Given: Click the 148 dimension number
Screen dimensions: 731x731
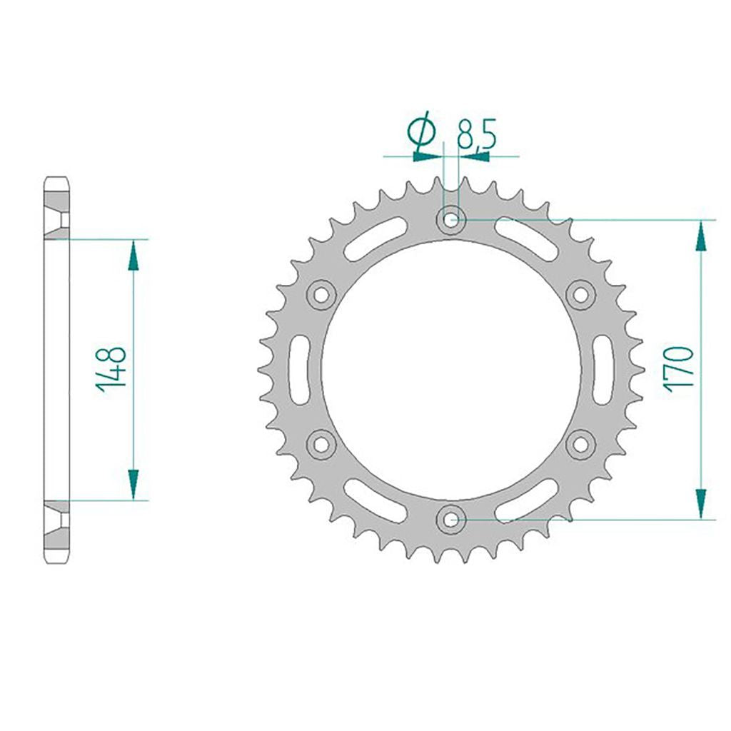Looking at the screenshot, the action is click(111, 369).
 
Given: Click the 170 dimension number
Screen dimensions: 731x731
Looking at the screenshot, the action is click(680, 369).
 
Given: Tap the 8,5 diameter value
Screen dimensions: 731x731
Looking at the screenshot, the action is click(476, 133).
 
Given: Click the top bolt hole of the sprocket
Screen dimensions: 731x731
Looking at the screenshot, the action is click(450, 219).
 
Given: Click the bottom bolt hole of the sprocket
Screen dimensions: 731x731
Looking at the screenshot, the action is click(450, 519).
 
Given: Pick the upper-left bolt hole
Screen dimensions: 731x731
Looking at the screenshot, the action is click(321, 294).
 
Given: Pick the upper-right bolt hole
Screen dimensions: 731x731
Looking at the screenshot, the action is click(580, 294).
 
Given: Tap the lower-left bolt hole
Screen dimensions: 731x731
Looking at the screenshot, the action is click(321, 444).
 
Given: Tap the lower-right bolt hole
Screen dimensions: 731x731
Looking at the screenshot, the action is click(580, 444).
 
